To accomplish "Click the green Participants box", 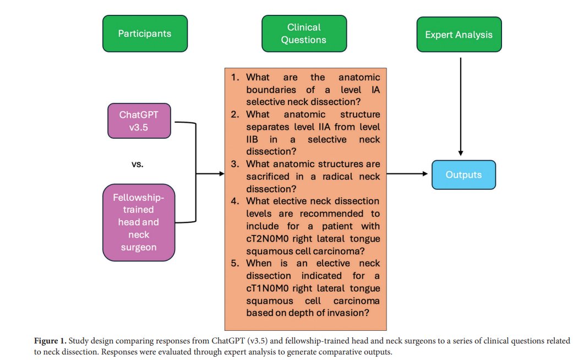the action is click(145, 34).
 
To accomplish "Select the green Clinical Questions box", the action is click(304, 34).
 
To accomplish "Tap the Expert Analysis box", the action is click(459, 34).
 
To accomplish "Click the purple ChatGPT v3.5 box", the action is click(139, 121).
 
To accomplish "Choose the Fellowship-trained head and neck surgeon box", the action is click(139, 222).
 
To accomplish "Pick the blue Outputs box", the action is click(464, 174).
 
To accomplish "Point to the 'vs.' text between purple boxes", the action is click(138, 165).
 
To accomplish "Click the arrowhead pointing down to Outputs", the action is click(460, 153).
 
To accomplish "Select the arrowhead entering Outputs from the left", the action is click(425, 173).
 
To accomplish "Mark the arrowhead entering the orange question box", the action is click(222, 173).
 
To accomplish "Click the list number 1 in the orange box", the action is click(235, 78).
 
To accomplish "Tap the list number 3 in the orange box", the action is click(235, 164).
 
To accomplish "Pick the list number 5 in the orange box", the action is click(235, 263).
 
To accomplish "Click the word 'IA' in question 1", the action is click(375, 90).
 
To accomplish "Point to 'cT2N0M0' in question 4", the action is click(268, 238).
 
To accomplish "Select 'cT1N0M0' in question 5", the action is click(268, 288).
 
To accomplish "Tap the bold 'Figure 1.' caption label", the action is click(50, 341).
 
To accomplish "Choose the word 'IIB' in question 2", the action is click(252, 139).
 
